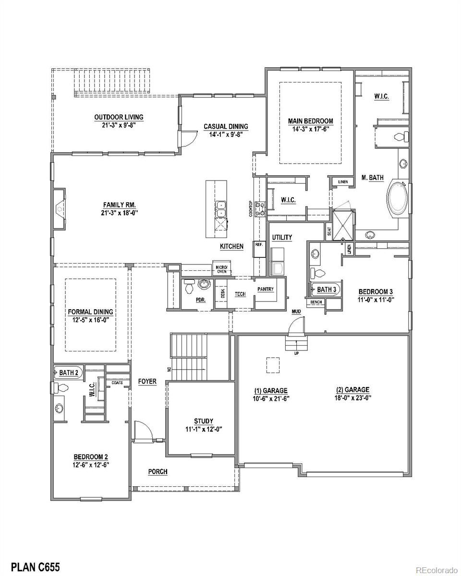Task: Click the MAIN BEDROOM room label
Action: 311,121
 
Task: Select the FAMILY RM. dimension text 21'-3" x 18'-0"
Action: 119,213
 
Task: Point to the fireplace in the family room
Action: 60,209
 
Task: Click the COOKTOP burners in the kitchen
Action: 260,209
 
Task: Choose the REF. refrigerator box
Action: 259,249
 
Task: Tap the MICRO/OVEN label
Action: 221,269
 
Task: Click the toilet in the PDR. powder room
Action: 190,286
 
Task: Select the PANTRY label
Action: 266,289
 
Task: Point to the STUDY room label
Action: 204,421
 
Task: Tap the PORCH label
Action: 158,471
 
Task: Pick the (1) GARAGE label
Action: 271,391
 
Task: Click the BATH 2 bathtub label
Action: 69,372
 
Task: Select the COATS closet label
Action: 117,383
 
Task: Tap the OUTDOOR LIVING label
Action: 119,117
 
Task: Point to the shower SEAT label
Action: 329,231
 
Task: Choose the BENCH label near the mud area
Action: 316,302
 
